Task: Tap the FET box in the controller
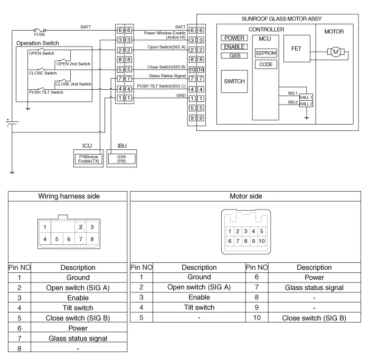(296, 48)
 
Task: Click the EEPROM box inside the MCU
(266, 53)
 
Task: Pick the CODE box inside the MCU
(266, 64)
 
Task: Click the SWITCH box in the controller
(234, 81)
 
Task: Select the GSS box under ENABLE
(234, 55)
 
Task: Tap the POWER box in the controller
(234, 38)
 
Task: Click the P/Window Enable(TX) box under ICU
(88, 158)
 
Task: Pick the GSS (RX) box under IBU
(121, 158)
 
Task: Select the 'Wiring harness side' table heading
(69, 196)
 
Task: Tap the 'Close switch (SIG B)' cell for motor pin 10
(314, 318)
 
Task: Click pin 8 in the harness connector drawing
(92, 239)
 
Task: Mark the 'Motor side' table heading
(246, 196)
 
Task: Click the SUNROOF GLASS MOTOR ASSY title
(281, 18)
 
